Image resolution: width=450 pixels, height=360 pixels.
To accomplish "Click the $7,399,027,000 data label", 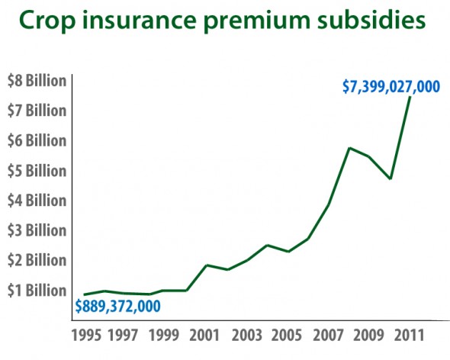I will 391,86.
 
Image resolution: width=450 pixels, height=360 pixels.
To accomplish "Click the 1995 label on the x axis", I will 85,335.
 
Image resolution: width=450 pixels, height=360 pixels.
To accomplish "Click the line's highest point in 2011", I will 410,97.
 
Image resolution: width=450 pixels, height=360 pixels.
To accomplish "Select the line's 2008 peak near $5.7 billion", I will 349,148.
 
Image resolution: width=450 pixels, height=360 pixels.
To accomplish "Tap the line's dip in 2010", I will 390,178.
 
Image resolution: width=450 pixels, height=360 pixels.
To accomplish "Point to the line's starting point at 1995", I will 85,294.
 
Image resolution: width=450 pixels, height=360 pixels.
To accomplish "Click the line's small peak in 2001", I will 206,265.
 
